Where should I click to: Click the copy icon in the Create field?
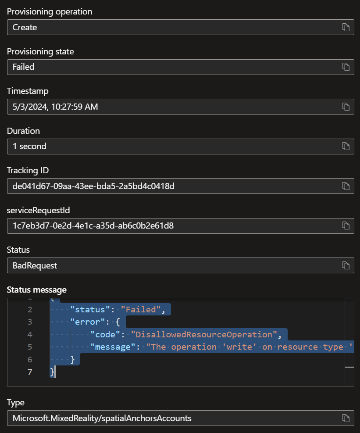(346, 27)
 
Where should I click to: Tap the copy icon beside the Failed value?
(346, 67)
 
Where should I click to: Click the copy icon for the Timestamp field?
(346, 107)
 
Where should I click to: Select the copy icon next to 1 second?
(346, 146)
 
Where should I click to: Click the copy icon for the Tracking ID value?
(346, 186)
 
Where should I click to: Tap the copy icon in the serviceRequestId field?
(346, 225)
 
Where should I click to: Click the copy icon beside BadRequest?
(346, 265)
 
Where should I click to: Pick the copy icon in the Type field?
(346, 418)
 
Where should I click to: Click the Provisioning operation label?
(50, 11)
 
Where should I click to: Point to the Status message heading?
(37, 290)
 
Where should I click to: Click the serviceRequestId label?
(38, 210)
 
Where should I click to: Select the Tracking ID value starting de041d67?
(93, 186)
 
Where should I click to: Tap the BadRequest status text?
(35, 265)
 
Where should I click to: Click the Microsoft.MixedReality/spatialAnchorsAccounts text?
(102, 418)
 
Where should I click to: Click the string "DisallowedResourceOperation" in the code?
(204, 334)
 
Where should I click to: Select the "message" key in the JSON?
(113, 347)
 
